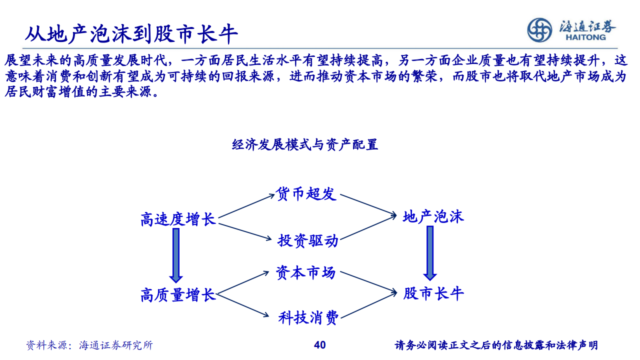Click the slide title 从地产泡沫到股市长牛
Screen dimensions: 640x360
[131, 34]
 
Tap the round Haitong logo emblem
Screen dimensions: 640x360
[539, 30]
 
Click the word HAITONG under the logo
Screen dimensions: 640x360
[585, 37]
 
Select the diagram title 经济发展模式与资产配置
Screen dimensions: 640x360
[305, 144]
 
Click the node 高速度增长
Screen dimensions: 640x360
[178, 219]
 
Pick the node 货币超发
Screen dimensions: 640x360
[305, 193]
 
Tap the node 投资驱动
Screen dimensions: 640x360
[308, 240]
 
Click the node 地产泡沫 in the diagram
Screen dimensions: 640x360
[433, 216]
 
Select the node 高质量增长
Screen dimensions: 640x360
[178, 295]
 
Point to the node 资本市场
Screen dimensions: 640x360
[305, 272]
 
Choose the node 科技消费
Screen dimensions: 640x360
[308, 317]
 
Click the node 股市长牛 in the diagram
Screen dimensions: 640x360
[433, 293]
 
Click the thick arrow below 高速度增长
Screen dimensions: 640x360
[176, 255]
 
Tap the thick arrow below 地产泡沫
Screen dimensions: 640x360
[430, 253]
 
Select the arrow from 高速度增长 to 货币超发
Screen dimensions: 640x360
[246, 206]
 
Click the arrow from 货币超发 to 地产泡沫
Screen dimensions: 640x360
[368, 205]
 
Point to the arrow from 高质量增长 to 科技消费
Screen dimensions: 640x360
[243, 305]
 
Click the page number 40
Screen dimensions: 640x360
[319, 345]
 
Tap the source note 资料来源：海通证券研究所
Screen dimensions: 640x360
[89, 345]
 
